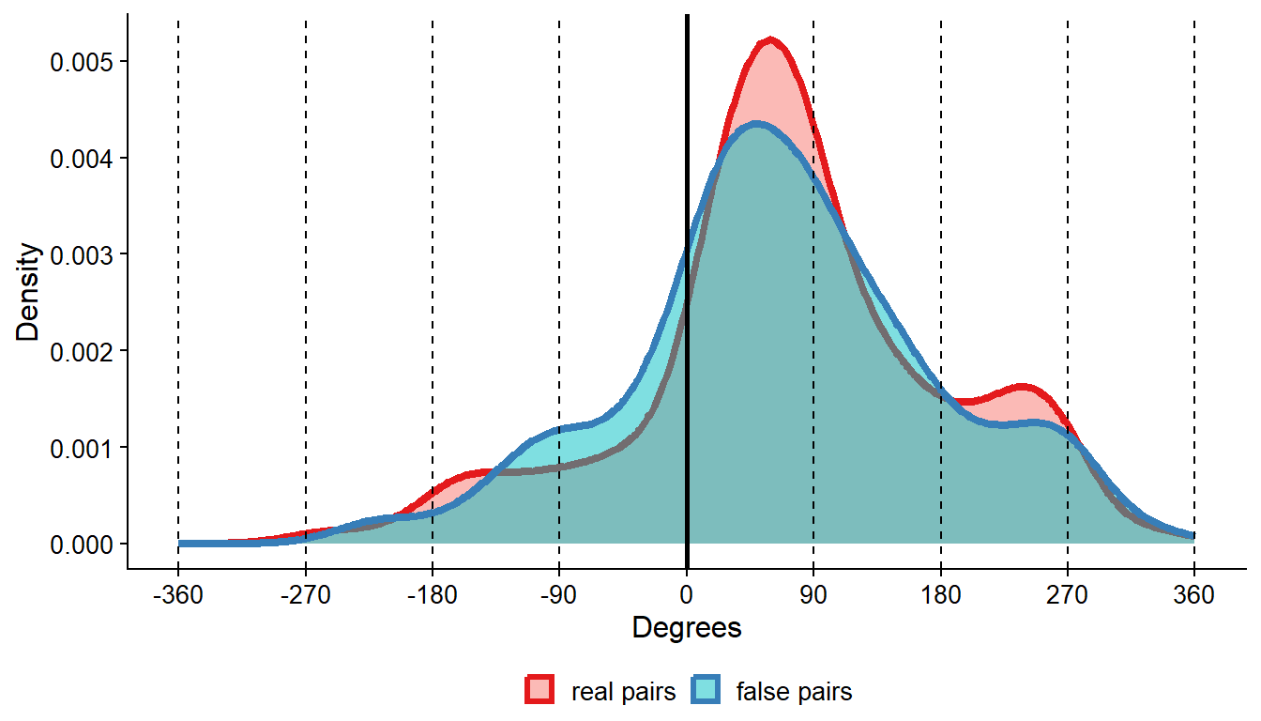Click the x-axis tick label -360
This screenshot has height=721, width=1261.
[177, 595]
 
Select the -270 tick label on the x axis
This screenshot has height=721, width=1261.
[305, 595]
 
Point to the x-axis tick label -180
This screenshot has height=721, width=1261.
[432, 595]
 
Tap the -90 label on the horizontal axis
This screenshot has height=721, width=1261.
[559, 595]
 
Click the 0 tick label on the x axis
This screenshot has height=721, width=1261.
[687, 595]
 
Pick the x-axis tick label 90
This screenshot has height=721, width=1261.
[813, 595]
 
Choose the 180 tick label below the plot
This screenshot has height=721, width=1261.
[941, 595]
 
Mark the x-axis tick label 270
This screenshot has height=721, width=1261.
[1068, 595]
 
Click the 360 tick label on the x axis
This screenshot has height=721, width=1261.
[1194, 595]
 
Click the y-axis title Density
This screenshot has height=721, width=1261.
[29, 292]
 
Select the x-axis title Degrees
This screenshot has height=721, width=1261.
[687, 628]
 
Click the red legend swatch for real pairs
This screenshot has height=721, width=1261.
[541, 692]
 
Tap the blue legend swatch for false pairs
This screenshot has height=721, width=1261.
[706, 692]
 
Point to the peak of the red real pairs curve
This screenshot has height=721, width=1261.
[770, 40]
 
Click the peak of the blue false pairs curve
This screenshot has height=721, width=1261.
[756, 125]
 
